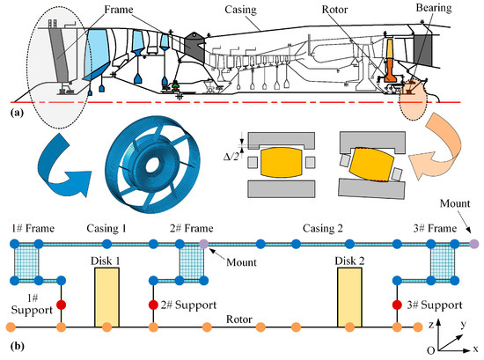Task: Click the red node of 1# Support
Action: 61,305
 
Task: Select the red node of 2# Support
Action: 153,305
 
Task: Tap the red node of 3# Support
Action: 397,305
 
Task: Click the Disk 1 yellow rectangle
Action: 106,297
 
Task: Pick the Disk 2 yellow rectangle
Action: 349,297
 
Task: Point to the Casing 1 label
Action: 106,229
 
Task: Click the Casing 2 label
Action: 323,229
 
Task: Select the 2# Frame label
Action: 191,229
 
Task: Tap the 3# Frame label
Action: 435,229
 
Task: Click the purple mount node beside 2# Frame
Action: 204,244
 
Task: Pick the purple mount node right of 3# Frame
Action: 474,244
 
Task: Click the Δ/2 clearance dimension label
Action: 231,157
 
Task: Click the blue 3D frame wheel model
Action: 153,165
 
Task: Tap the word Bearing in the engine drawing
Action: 434,7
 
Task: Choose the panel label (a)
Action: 17,113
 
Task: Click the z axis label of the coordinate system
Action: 431,325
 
